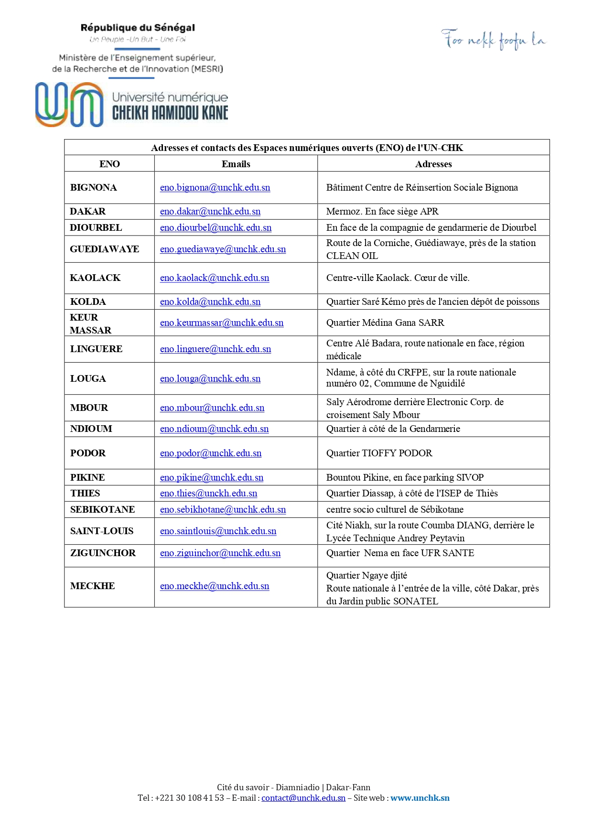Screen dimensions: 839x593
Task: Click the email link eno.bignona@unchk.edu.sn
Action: [215, 188]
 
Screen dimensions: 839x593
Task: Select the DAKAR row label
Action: [88, 211]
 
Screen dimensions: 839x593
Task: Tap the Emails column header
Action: [236, 164]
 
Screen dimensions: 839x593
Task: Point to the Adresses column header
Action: [433, 164]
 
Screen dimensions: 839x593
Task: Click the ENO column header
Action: [109, 164]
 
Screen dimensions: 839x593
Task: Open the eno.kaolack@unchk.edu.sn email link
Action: [215, 278]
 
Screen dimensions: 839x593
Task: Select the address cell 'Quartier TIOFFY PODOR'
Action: [379, 453]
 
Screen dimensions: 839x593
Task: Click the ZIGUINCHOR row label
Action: [103, 553]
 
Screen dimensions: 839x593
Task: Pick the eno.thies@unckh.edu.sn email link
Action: [208, 493]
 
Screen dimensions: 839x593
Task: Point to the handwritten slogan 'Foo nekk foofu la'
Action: [493, 40]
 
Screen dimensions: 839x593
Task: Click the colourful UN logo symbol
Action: [69, 105]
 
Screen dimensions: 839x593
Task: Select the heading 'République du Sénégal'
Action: [138, 28]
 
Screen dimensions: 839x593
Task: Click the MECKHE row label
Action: [93, 586]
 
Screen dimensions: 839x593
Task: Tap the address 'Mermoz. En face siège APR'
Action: [382, 211]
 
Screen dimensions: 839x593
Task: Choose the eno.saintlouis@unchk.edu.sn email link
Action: [218, 531]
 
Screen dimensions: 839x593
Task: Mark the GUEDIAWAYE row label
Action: [105, 249]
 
